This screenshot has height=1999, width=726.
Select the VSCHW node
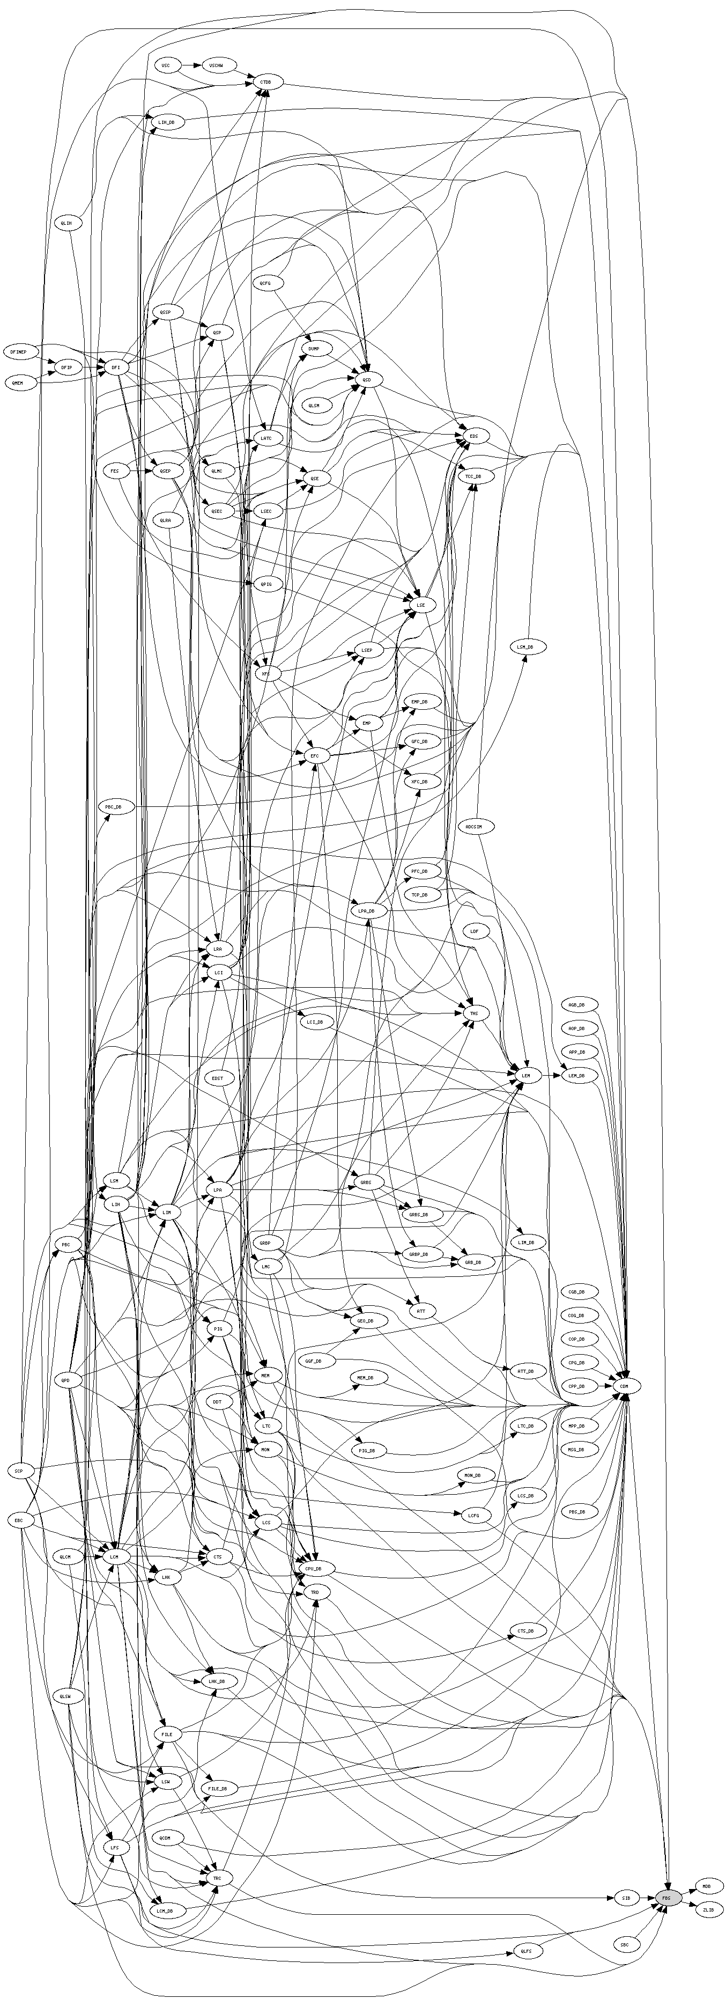click(x=217, y=66)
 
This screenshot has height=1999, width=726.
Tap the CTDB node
click(x=266, y=82)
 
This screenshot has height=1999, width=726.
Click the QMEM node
click(x=19, y=384)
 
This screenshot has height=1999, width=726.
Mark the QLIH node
click(x=66, y=224)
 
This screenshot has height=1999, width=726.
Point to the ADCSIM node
click(x=474, y=827)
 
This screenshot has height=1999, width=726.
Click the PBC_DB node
click(x=115, y=807)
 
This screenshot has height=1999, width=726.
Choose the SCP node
click(x=19, y=1471)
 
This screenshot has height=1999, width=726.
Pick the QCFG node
click(x=265, y=284)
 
